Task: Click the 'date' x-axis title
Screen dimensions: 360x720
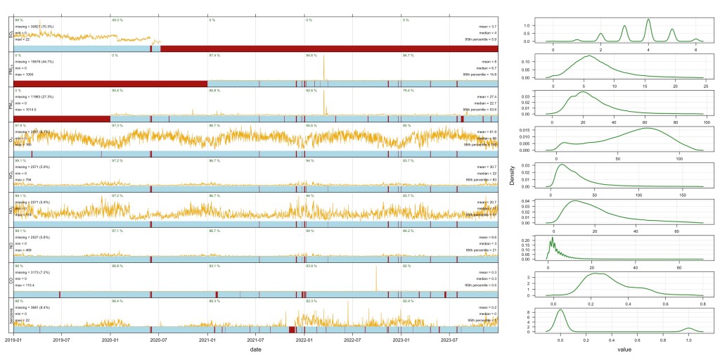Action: (x=255, y=349)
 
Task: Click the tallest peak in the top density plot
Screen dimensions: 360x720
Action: (x=648, y=20)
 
